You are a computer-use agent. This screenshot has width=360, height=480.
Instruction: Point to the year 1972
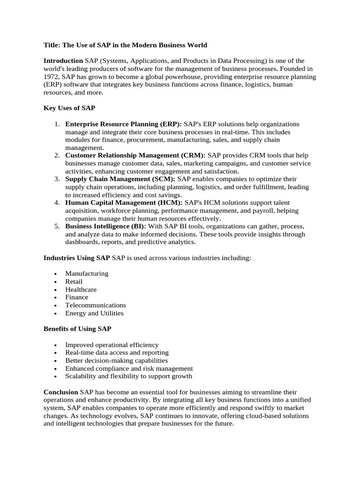pyautogui.click(x=51, y=76)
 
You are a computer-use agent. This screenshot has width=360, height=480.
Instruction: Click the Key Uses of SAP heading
pyautogui.click(x=69, y=108)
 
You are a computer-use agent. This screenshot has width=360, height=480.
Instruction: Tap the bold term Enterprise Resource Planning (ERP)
pyautogui.click(x=123, y=124)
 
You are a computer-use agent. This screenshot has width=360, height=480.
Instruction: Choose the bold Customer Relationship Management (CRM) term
pyautogui.click(x=135, y=155)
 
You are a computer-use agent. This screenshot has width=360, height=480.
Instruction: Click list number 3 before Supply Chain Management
pyautogui.click(x=56, y=179)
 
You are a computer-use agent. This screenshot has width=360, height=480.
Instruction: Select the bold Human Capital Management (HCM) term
pyautogui.click(x=124, y=202)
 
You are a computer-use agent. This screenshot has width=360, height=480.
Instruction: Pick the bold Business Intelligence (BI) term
pyautogui.click(x=105, y=226)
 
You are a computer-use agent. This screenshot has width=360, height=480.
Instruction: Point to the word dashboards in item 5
pyautogui.click(x=82, y=242)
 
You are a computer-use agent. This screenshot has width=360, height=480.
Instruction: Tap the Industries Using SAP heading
pyautogui.click(x=77, y=258)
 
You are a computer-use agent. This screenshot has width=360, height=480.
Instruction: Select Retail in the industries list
pyautogui.click(x=74, y=281)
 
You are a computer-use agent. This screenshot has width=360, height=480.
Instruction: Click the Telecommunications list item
pyautogui.click(x=96, y=305)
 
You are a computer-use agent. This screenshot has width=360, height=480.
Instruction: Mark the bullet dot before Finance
pyautogui.click(x=56, y=298)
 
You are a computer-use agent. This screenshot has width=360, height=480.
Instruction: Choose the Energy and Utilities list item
pyautogui.click(x=94, y=313)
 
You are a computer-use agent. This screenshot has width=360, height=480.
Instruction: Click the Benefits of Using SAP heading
pyautogui.click(x=77, y=329)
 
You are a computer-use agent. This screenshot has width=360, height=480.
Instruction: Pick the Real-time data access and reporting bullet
pyautogui.click(x=117, y=352)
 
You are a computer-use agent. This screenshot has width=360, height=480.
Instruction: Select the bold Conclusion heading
pyautogui.click(x=61, y=391)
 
